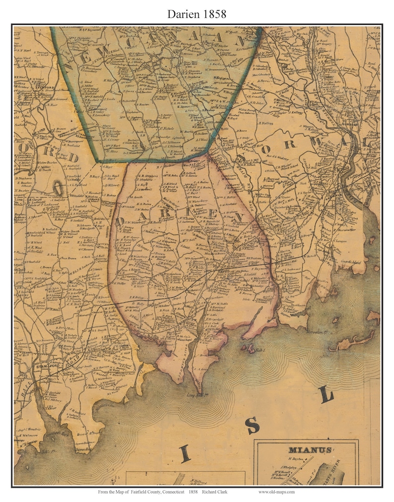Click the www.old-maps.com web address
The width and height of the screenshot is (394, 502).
[276, 492]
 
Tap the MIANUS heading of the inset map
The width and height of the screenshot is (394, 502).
[309, 450]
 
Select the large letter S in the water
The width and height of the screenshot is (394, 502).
[253, 425]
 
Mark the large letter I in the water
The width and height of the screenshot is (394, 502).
[185, 453]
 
